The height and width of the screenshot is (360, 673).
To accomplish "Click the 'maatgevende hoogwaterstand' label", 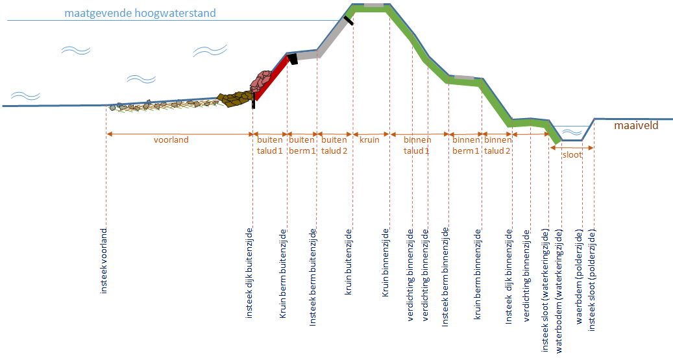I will (140, 13).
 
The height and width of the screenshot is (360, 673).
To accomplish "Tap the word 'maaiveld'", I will (636, 125).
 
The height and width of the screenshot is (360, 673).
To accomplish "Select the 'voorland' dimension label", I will (171, 139).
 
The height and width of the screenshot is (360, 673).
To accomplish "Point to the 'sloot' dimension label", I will (571, 155).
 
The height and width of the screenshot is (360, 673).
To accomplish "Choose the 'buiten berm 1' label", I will (302, 145).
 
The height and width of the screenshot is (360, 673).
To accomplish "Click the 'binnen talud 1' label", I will (417, 145).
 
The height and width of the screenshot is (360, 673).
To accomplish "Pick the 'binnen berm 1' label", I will (465, 145).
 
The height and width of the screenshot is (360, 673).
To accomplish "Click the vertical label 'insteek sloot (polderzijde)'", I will (592, 280).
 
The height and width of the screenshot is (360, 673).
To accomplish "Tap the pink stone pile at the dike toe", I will (263, 80).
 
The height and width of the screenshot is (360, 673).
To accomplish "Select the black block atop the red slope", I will (293, 59).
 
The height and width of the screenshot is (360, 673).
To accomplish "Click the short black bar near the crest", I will (349, 20).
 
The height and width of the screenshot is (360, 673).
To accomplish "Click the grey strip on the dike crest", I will (373, 5).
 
